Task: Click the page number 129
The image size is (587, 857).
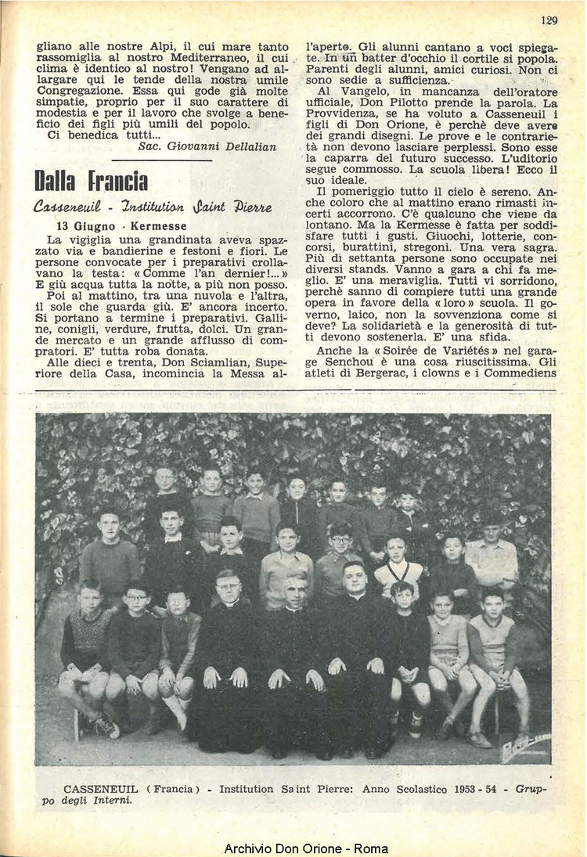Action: pyautogui.click(x=549, y=20)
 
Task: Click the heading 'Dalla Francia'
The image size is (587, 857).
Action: pyautogui.click(x=91, y=181)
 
